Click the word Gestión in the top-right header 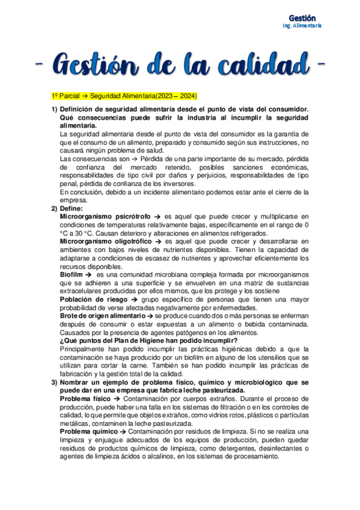click(307, 19)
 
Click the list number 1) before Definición click(54, 108)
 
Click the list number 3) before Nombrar click(54, 382)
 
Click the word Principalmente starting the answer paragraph click(87, 349)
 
